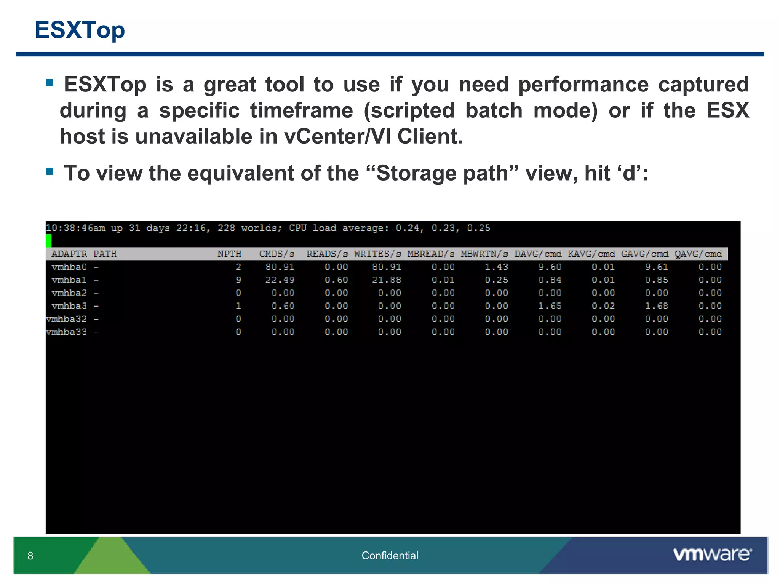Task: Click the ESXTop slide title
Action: pyautogui.click(x=80, y=30)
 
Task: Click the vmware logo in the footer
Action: pyautogui.click(x=712, y=555)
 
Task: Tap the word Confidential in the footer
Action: pyautogui.click(x=390, y=556)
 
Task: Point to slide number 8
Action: pyautogui.click(x=30, y=556)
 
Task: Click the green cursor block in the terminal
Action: pyautogui.click(x=48, y=241)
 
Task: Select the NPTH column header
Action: pyautogui.click(x=229, y=254)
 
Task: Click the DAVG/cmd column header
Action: pyautogui.click(x=538, y=254)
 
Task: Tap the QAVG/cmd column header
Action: pyautogui.click(x=698, y=254)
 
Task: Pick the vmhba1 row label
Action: pyautogui.click(x=69, y=280)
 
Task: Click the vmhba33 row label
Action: pyautogui.click(x=66, y=332)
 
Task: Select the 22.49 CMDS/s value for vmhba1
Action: pyautogui.click(x=280, y=280)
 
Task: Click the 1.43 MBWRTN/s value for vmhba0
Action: pyautogui.click(x=496, y=267)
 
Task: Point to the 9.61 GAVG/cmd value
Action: pyautogui.click(x=657, y=267)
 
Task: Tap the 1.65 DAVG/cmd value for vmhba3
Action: pyautogui.click(x=550, y=306)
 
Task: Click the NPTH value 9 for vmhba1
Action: pyautogui.click(x=238, y=280)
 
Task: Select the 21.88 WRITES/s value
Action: pyautogui.click(x=387, y=280)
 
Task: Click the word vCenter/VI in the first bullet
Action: pyautogui.click(x=337, y=136)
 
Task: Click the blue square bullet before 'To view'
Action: pyautogui.click(x=50, y=171)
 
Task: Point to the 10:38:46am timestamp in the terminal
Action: pyautogui.click(x=75, y=228)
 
